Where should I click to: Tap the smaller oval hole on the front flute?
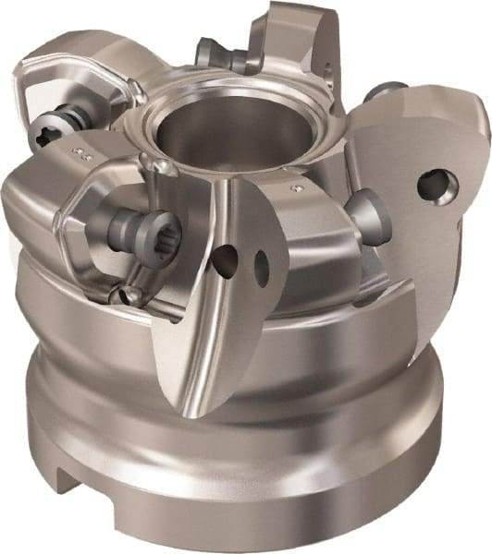click(262, 267)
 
